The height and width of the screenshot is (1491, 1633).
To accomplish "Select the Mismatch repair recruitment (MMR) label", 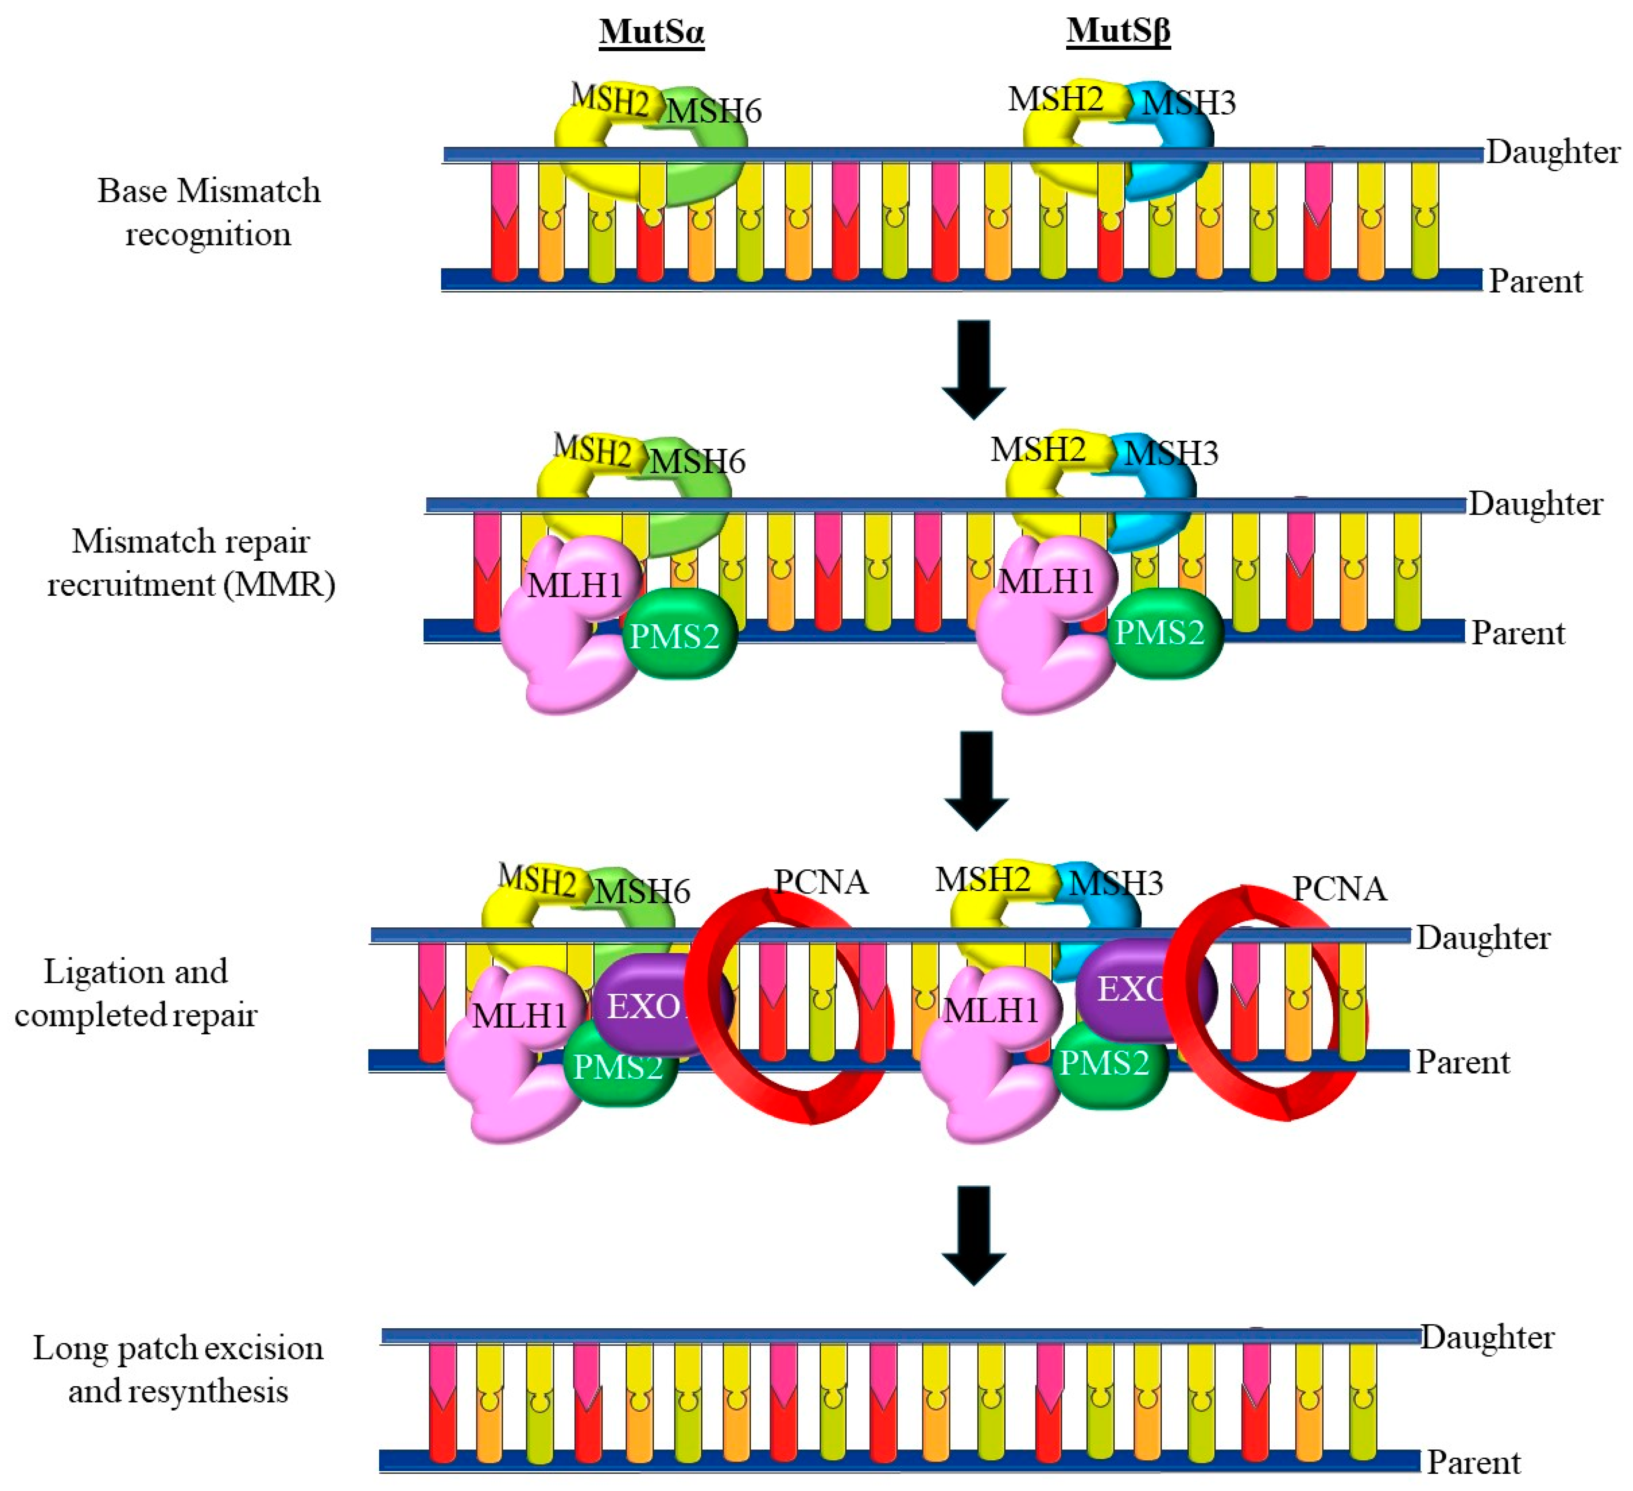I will (x=191, y=563).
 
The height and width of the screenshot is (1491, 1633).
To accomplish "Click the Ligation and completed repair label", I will (x=136, y=993).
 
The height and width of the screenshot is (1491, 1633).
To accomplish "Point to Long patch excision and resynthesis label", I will (x=178, y=1369).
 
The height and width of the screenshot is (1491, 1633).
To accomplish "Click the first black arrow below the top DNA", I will (x=973, y=368).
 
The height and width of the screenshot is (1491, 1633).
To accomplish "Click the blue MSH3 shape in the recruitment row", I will (x=1162, y=502).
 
